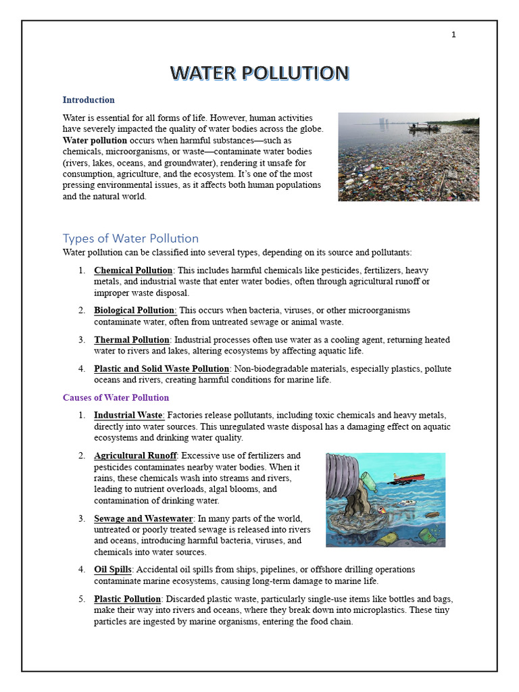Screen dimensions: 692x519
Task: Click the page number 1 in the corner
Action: coord(453,35)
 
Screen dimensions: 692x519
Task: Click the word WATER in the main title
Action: coord(203,73)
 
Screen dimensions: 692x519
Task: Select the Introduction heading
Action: coord(89,100)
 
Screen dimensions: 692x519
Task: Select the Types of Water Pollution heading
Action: coord(130,239)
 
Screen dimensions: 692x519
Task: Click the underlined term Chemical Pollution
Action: coord(133,271)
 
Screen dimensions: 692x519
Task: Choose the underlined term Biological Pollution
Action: coord(134,310)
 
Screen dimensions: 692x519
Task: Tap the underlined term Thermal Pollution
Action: coord(131,340)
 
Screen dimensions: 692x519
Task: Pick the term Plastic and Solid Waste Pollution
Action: coord(162,369)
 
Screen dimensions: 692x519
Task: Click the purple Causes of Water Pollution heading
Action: coord(116,397)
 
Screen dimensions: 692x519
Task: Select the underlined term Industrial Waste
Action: coord(128,415)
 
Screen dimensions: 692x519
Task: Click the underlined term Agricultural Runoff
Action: coord(135,456)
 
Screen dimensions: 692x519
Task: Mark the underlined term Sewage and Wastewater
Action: coord(143,519)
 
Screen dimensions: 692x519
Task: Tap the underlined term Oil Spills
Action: coord(113,570)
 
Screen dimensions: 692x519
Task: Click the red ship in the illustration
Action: coord(410,478)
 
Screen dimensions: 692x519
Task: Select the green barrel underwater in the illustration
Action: coord(428,536)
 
